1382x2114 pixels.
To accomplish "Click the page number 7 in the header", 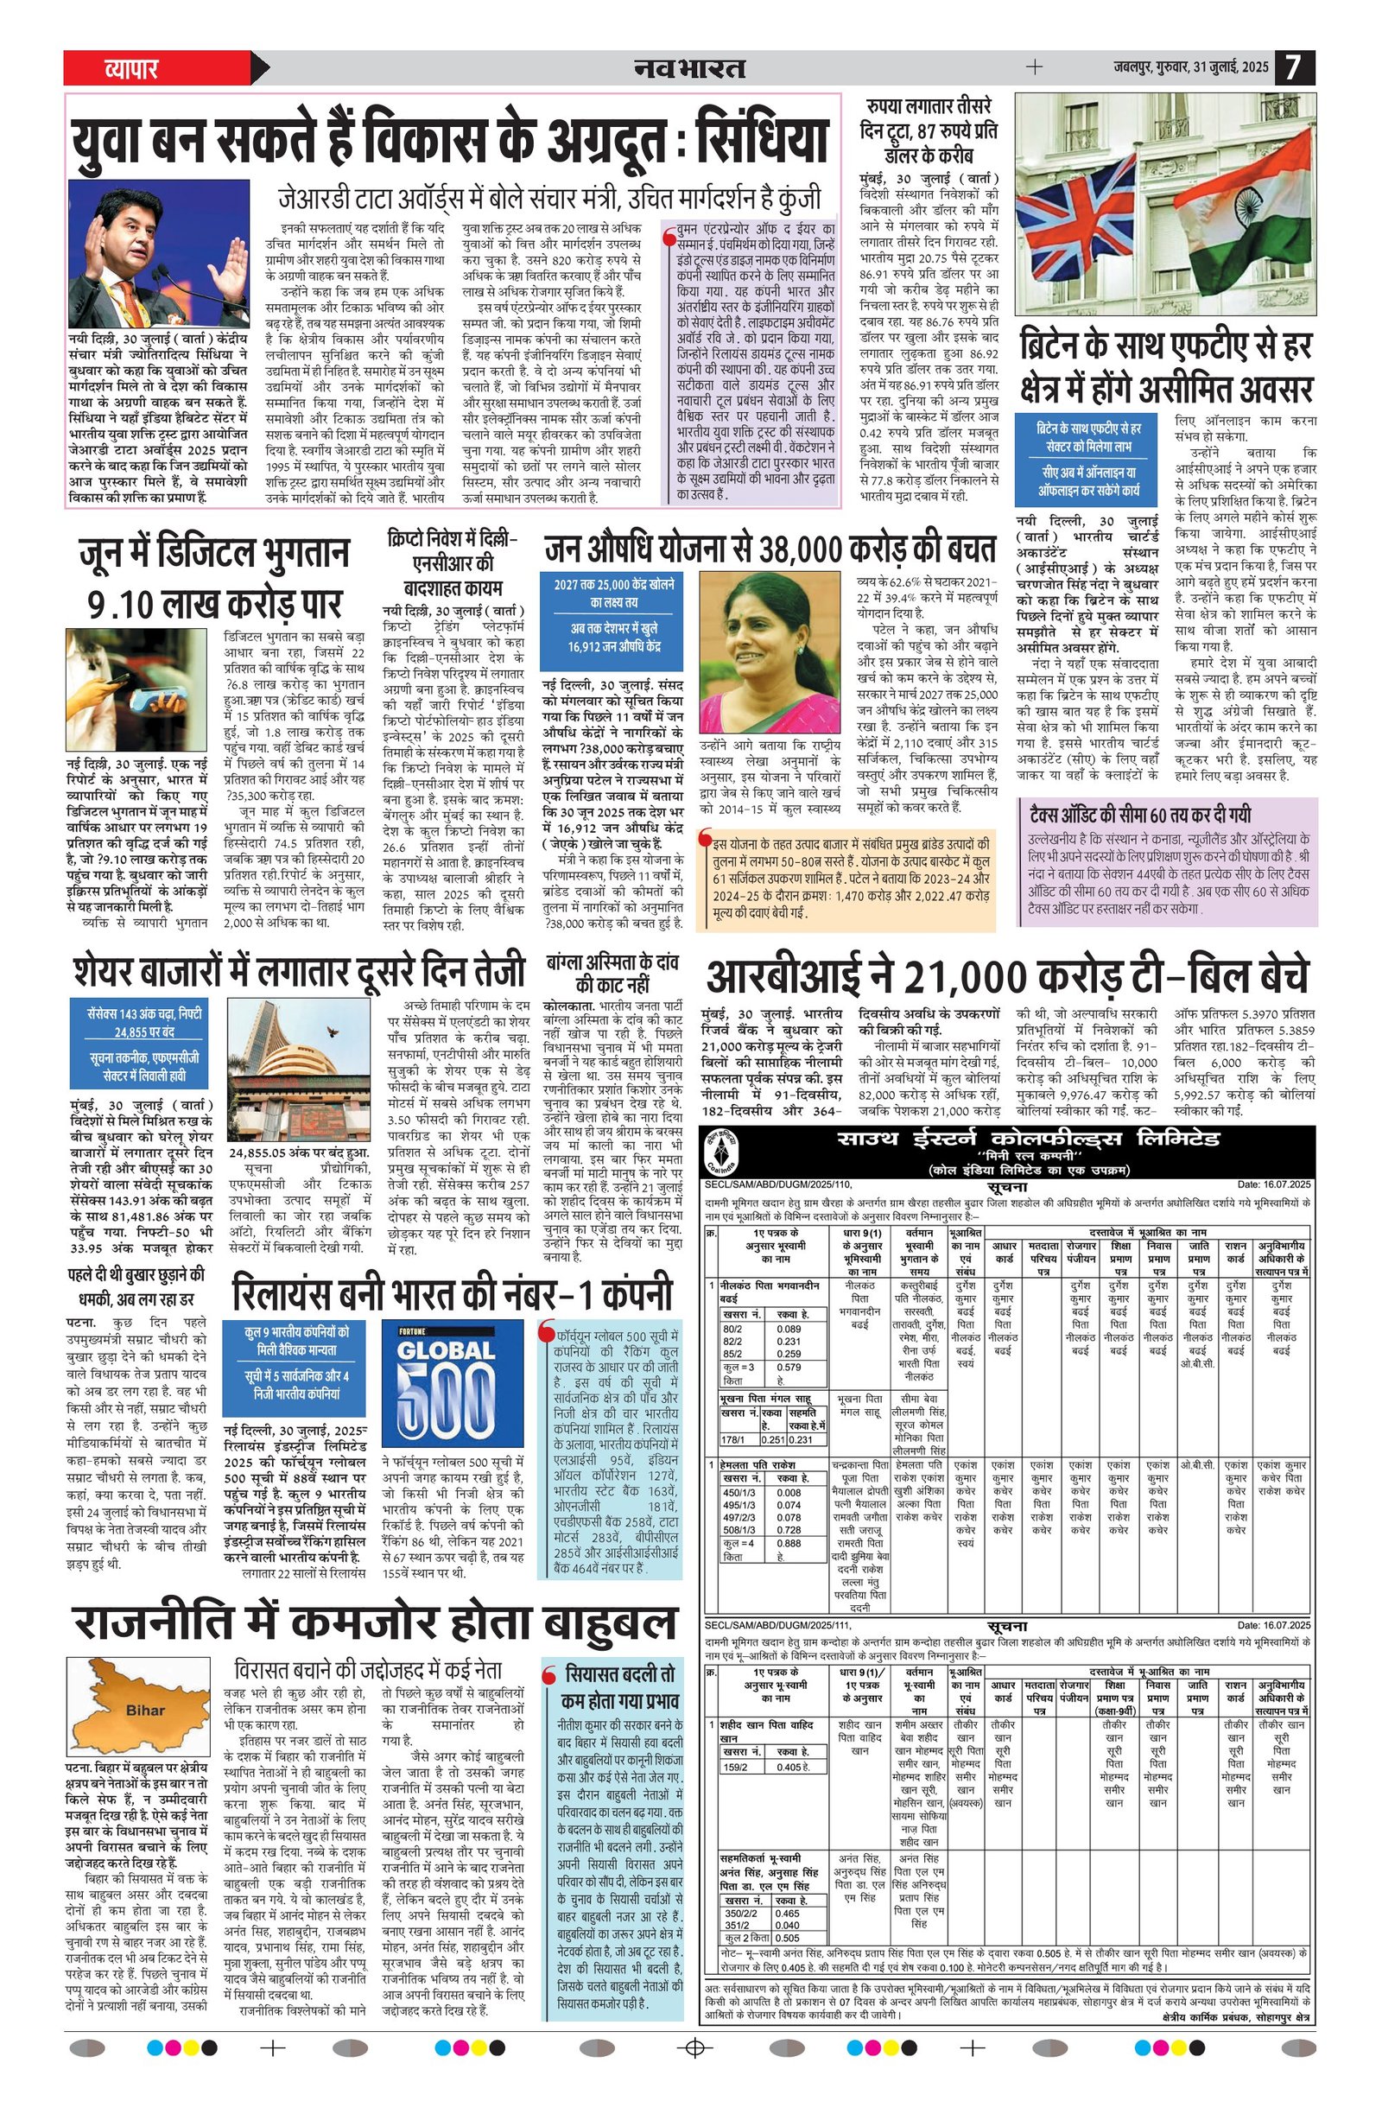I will pyautogui.click(x=1294, y=67).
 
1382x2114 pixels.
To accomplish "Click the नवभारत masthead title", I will pyautogui.click(x=689, y=67).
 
